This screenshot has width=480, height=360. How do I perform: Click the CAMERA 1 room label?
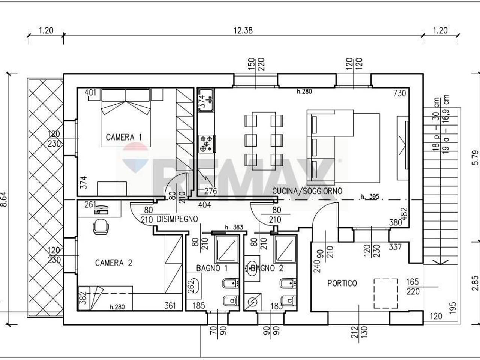[x=124, y=137]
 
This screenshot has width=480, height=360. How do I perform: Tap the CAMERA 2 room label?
[x=114, y=263]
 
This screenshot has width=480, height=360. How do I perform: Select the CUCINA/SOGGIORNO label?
[x=307, y=191]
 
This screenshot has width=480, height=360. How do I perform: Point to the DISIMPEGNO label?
[x=177, y=219]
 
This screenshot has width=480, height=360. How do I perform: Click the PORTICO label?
[x=342, y=283]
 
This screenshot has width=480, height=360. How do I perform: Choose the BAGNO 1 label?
[x=212, y=268]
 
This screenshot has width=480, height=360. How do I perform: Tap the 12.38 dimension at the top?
[x=243, y=31]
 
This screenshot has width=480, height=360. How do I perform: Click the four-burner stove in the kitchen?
[x=206, y=144]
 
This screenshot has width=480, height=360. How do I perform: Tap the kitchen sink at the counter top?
[x=206, y=100]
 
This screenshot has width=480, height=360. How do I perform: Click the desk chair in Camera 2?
[x=101, y=226]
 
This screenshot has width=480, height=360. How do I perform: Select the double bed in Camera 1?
[x=126, y=118]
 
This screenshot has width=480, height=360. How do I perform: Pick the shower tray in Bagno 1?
[x=227, y=249]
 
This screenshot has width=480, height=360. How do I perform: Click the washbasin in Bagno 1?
[x=194, y=285]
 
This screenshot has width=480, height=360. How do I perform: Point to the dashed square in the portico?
[x=385, y=293]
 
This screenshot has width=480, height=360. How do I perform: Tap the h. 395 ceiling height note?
[x=370, y=197]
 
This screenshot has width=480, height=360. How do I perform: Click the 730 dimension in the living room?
[x=399, y=93]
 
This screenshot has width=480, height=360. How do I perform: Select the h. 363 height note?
[x=234, y=227]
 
